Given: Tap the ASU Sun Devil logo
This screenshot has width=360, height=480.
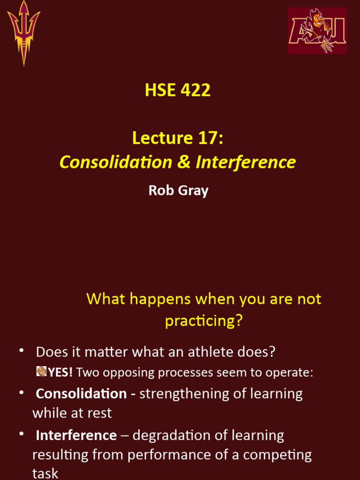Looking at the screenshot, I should (x=317, y=30).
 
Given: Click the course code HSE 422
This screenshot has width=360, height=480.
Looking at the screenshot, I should (x=178, y=90).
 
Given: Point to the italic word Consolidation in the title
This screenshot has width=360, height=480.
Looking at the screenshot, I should (x=116, y=162).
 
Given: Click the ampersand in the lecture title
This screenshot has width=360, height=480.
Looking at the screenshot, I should (x=183, y=162).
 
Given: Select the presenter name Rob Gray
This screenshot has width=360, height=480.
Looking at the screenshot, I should (x=178, y=190).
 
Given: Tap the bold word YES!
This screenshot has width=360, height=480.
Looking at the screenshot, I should (x=60, y=373).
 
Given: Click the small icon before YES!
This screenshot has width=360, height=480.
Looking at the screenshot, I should (x=41, y=372).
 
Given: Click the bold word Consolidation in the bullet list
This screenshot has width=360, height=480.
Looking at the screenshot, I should (x=81, y=394).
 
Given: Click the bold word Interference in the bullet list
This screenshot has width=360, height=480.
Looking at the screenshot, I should (x=76, y=435).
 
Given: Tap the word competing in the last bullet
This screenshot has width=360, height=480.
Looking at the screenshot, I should (x=279, y=455).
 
